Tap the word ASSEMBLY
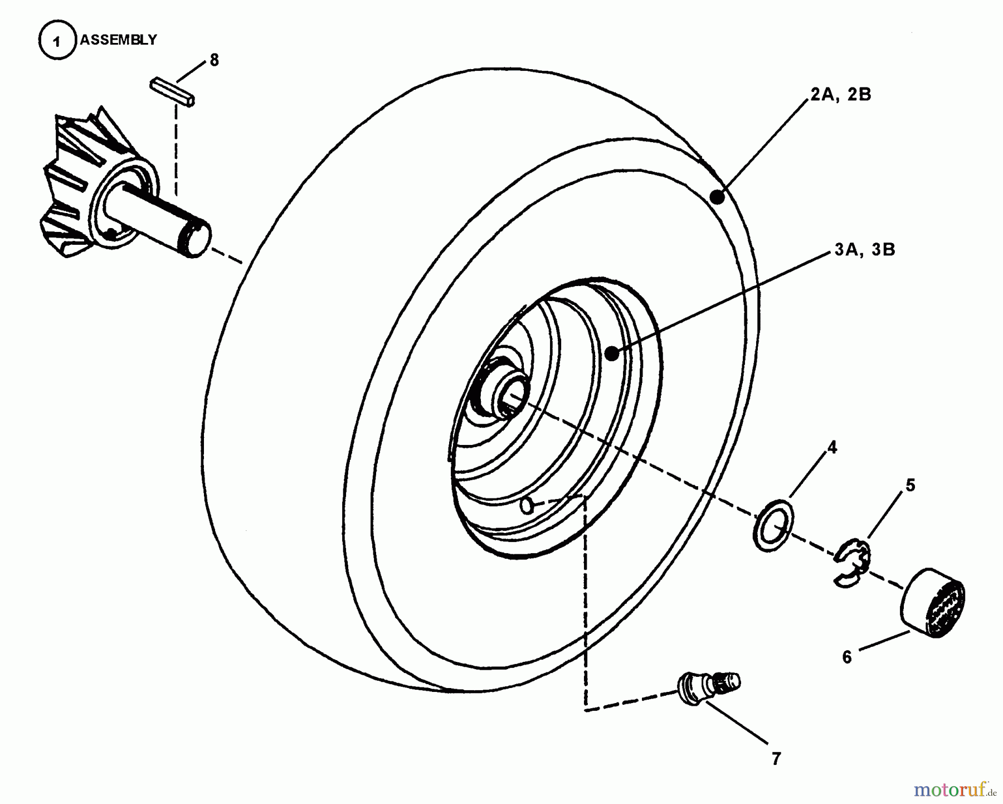(x=119, y=40)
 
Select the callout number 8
(x=215, y=60)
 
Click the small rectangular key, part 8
(x=172, y=92)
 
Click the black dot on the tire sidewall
(x=718, y=197)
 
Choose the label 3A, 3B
(x=865, y=249)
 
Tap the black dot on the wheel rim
(x=612, y=353)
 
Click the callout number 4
(x=832, y=447)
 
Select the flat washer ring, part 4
(x=774, y=525)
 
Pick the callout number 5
(x=910, y=486)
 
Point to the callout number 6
(x=847, y=657)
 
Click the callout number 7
(x=776, y=759)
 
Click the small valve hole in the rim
(x=526, y=506)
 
